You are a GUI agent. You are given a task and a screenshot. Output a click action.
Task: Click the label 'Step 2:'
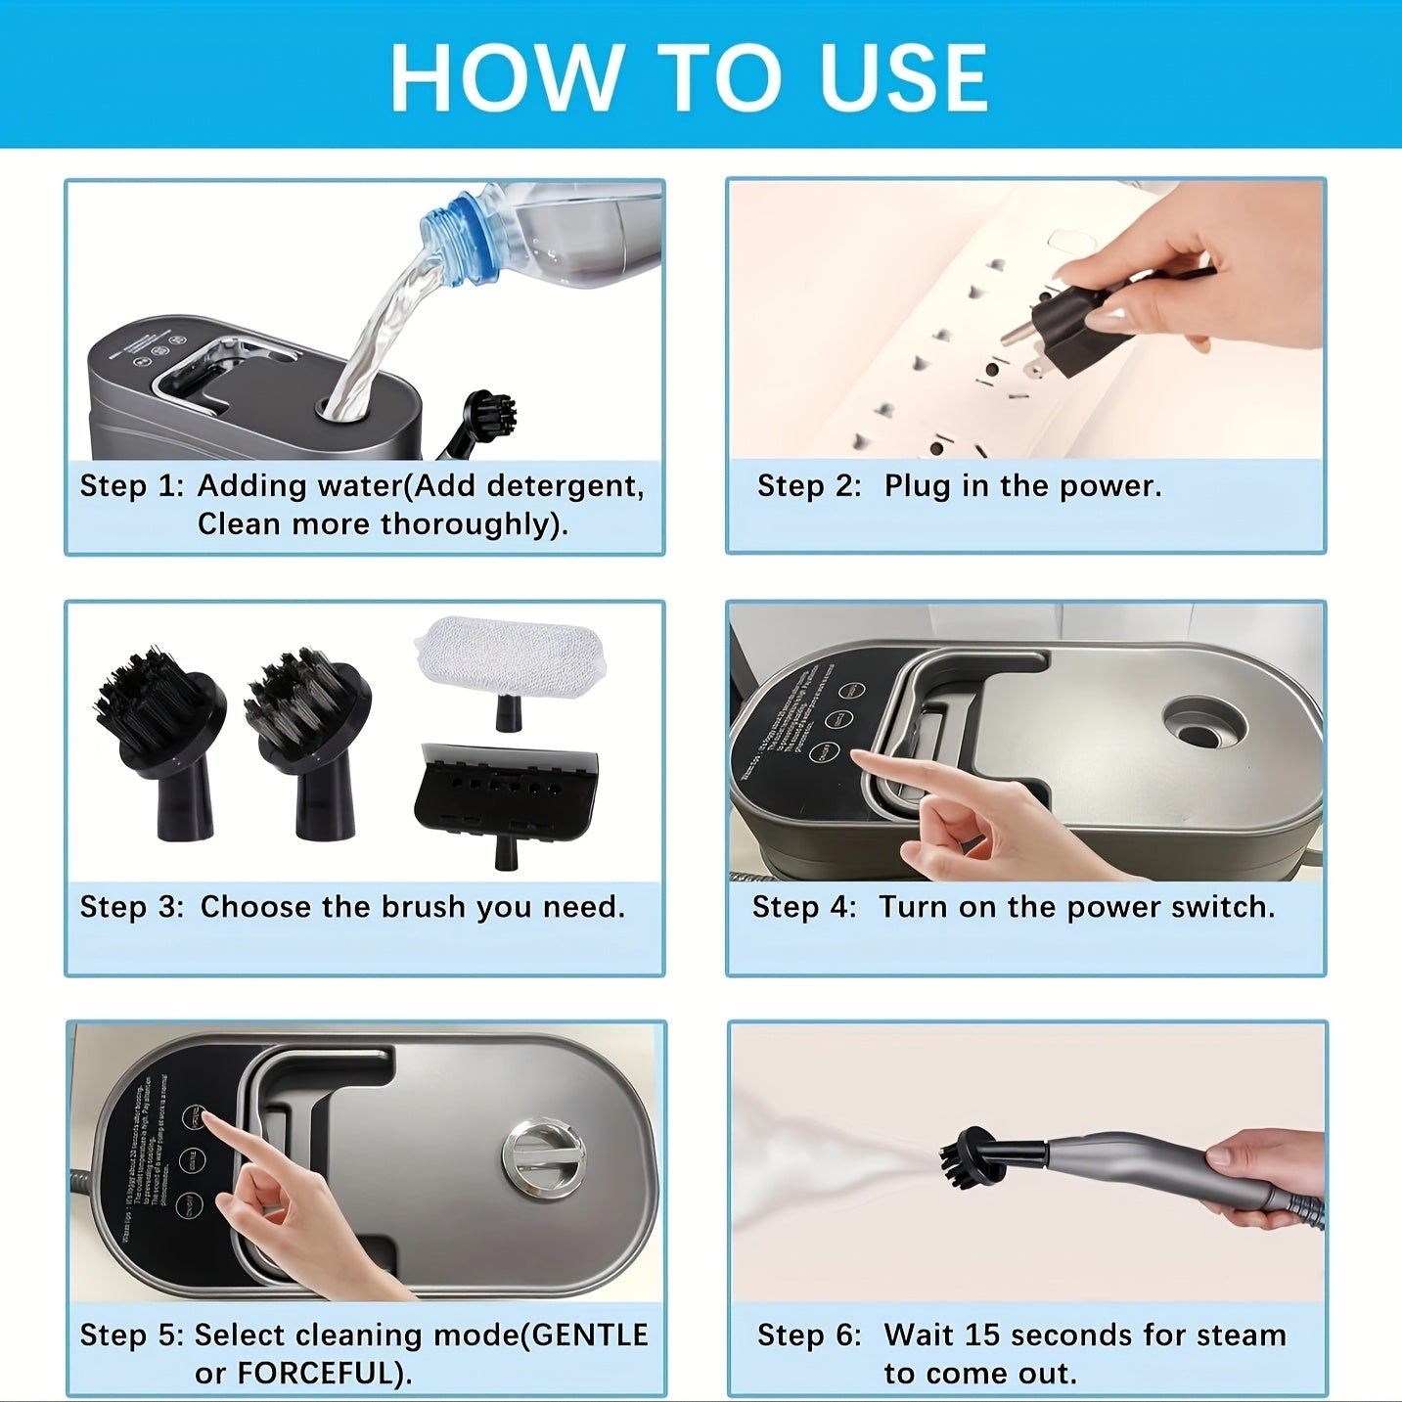coord(809,486)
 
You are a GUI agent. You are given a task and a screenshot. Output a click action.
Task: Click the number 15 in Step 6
coord(981,1335)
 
